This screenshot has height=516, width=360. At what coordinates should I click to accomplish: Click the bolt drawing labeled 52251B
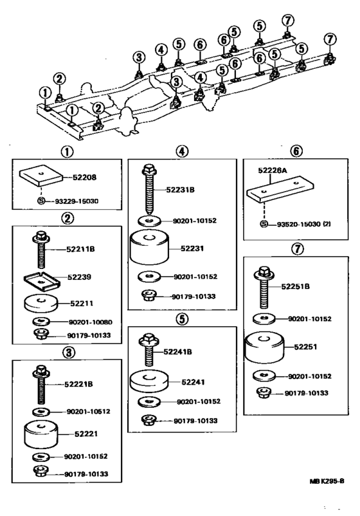pyautogui.click(x=265, y=287)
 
